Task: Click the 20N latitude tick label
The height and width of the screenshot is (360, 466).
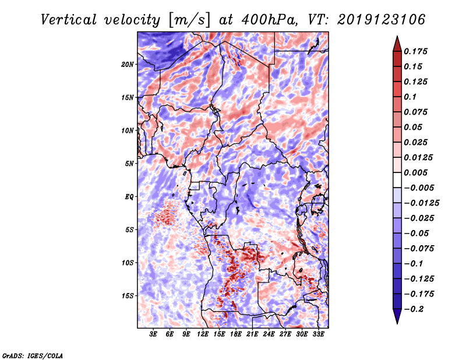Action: (128, 65)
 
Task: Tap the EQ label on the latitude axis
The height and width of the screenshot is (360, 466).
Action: (129, 197)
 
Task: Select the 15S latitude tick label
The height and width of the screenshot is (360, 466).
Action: (128, 296)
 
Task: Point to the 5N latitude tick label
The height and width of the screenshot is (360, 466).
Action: (129, 164)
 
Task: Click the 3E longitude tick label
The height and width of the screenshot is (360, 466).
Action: (153, 334)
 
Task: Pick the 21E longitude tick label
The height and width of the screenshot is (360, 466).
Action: (252, 334)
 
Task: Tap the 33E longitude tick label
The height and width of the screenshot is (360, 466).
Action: (318, 334)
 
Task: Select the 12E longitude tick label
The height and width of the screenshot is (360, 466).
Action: (203, 334)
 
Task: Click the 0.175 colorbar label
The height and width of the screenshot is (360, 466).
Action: (415, 51)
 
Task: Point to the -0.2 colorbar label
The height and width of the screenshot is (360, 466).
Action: (414, 309)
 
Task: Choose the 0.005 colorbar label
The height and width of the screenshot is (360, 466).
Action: (415, 172)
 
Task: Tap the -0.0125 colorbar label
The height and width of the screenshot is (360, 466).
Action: (421, 203)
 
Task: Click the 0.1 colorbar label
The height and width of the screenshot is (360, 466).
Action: (410, 97)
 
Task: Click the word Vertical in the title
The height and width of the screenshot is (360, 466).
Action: (69, 20)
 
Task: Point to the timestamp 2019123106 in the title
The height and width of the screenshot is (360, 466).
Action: (382, 20)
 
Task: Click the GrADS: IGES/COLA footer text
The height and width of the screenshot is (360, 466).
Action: (33, 356)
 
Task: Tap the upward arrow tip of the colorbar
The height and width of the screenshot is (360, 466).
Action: (397, 36)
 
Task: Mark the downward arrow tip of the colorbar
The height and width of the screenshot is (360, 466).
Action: (397, 323)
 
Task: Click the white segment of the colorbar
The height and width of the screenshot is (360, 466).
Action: (397, 180)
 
